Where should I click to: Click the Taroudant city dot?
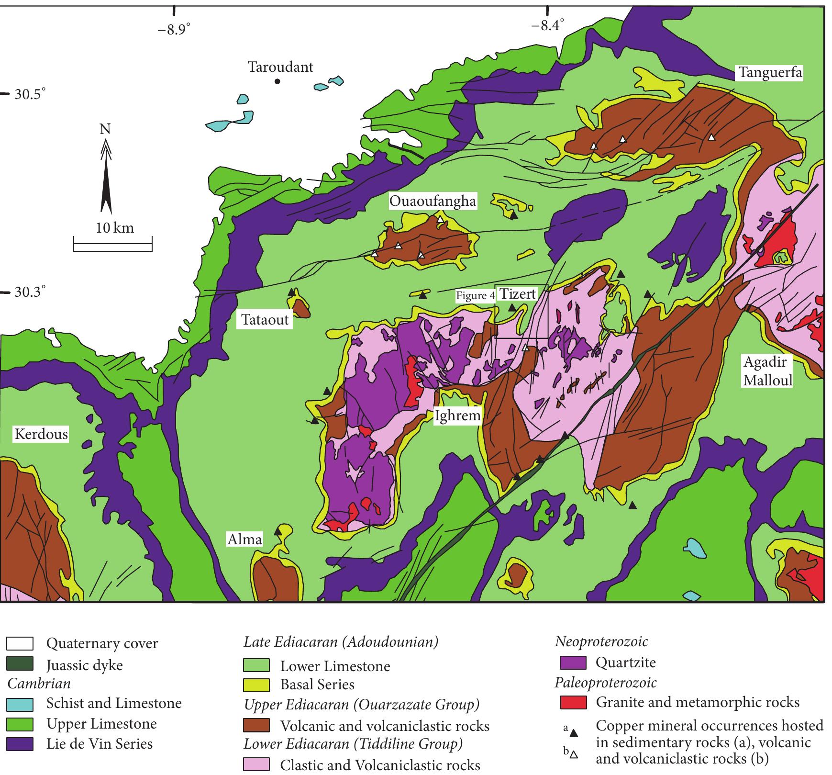point(277,81)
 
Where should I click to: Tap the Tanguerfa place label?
point(769,73)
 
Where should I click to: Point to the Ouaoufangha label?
point(433,201)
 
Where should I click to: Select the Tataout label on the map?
point(265,320)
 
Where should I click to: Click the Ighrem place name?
point(457,416)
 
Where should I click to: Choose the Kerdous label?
point(41,434)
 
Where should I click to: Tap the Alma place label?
point(244,539)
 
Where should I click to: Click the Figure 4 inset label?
point(475,296)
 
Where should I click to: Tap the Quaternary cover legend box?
point(20,644)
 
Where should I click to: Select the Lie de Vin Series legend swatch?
point(20,744)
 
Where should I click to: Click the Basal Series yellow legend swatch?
point(256,685)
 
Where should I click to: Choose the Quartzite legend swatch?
point(573,663)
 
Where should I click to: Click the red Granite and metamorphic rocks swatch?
point(573,703)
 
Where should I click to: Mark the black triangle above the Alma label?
point(277,531)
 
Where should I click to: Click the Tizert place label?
point(518,293)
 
